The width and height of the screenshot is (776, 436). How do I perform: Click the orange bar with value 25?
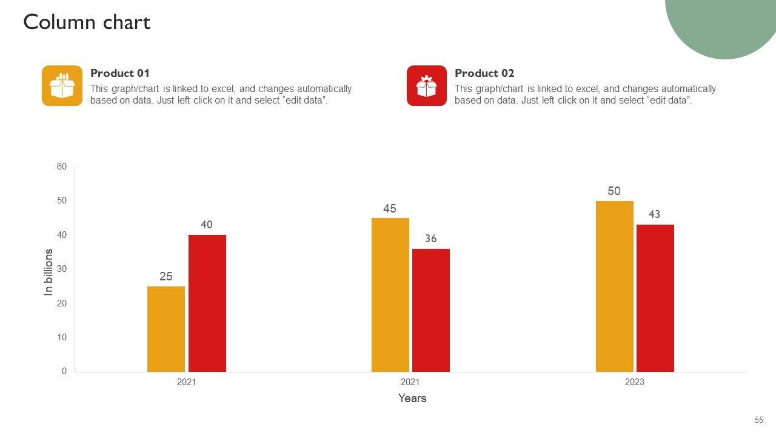click(166, 329)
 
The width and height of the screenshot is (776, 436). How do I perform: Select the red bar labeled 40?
click(207, 303)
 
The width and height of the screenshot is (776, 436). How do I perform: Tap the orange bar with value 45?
click(390, 294)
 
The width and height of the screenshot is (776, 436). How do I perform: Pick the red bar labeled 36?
click(430, 310)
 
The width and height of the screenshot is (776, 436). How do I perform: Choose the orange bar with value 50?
click(614, 286)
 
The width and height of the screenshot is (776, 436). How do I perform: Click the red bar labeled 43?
click(655, 298)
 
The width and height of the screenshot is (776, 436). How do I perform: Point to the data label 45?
click(390, 209)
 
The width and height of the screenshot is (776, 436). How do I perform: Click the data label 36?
click(430, 239)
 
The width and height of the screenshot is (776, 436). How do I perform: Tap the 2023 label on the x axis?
click(634, 382)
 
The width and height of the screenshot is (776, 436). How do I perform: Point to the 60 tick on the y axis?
click(62, 167)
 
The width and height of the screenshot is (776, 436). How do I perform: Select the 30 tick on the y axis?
click(62, 269)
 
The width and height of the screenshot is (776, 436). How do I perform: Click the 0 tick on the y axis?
click(64, 371)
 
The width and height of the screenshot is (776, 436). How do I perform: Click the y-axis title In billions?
click(48, 272)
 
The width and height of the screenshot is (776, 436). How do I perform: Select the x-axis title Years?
click(412, 398)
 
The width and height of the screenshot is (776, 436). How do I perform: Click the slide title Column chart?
click(87, 22)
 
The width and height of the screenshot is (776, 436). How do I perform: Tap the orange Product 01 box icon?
click(62, 86)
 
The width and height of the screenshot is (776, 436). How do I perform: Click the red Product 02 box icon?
click(427, 86)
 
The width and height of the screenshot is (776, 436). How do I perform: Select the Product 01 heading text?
click(120, 73)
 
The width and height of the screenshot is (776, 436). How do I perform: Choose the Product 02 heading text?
click(484, 73)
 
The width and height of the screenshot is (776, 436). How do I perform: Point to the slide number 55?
click(759, 420)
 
